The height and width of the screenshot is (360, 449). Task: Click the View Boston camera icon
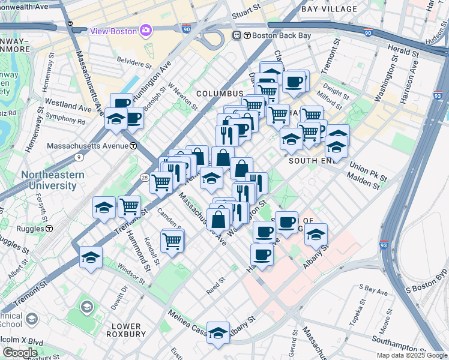[145, 30]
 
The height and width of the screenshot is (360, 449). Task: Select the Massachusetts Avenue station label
[85, 146]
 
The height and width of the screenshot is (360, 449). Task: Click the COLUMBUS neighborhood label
[220, 94]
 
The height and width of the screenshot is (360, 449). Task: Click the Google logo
[20, 352]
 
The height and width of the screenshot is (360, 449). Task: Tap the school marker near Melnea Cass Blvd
[218, 332]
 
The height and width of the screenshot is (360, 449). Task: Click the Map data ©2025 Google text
[412, 355]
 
